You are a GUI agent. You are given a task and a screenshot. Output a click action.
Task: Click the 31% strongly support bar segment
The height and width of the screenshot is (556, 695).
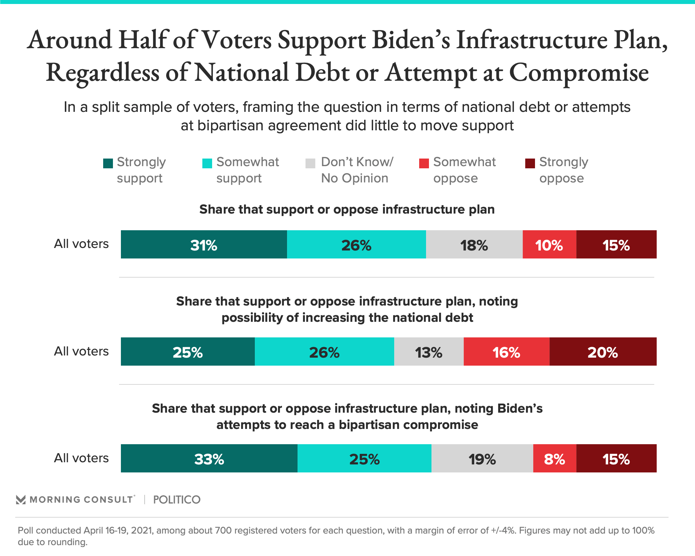(x=204, y=245)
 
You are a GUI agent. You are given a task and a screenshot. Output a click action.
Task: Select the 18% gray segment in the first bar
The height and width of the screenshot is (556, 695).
(x=474, y=245)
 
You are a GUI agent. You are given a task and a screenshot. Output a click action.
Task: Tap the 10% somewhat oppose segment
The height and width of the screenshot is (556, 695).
(x=549, y=245)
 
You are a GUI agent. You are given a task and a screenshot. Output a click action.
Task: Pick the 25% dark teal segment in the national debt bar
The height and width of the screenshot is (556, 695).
(x=188, y=352)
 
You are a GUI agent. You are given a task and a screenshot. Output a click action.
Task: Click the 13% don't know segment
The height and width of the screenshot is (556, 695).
(x=429, y=352)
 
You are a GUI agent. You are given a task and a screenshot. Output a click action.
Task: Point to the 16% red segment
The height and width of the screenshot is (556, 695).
(x=506, y=352)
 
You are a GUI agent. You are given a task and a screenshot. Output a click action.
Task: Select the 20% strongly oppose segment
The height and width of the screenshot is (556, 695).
(x=603, y=352)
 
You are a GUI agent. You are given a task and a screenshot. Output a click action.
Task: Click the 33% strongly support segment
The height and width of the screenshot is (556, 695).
(x=209, y=459)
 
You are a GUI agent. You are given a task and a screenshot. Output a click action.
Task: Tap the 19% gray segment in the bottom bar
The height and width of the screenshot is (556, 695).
(x=482, y=459)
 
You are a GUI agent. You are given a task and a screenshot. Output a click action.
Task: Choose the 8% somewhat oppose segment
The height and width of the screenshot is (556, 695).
(x=555, y=459)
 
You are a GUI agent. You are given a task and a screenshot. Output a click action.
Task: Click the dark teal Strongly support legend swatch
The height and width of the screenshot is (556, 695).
(x=108, y=164)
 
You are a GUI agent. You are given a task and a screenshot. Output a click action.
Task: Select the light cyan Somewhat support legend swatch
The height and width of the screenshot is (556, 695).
(x=207, y=164)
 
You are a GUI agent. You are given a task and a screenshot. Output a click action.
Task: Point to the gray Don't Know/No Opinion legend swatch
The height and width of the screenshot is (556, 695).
(x=311, y=164)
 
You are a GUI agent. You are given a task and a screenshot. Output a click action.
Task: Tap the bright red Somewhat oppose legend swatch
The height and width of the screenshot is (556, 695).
(x=424, y=164)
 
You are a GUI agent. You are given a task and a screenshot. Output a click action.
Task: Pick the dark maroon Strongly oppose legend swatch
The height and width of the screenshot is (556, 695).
(x=530, y=164)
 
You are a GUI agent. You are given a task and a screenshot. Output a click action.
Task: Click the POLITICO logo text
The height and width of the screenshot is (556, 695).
(x=177, y=500)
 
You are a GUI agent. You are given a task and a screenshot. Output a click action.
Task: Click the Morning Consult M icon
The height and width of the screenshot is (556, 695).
(x=21, y=500)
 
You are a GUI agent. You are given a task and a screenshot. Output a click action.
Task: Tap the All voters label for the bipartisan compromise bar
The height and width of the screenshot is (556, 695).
(x=81, y=458)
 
